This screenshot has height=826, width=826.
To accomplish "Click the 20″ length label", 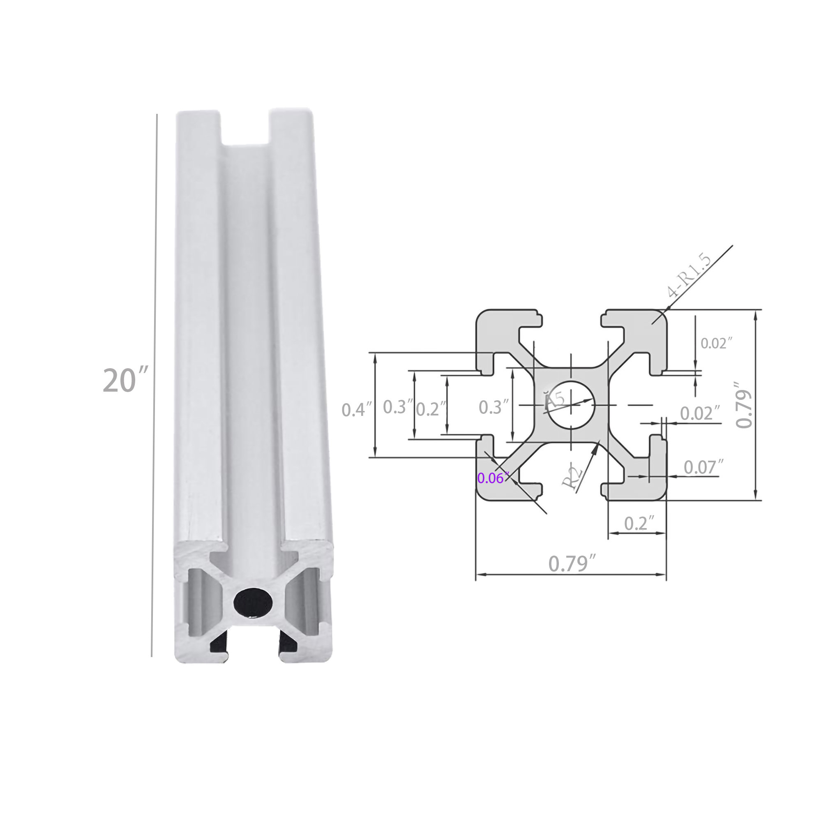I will [x=125, y=380].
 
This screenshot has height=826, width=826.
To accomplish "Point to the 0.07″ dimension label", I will [x=703, y=467].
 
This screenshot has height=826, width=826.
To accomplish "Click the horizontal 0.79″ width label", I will [x=572, y=563].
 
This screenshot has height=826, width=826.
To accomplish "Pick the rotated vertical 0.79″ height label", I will [x=744, y=404].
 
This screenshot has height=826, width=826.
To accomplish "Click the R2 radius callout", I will [x=572, y=478].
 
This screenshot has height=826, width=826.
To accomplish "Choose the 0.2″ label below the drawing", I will [x=639, y=523].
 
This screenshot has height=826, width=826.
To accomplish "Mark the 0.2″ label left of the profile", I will [x=431, y=409].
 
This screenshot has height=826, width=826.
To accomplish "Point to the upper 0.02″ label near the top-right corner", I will [x=716, y=343].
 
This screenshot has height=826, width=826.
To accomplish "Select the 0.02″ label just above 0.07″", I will [x=700, y=413].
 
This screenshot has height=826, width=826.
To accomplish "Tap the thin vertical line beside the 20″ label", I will [x=155, y=385].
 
